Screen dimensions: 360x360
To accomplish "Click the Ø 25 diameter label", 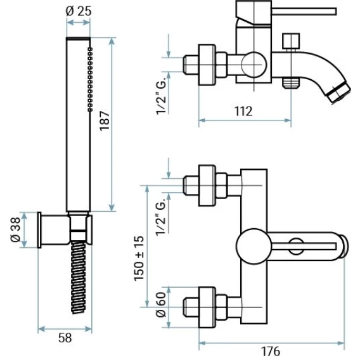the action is pyautogui.click(x=79, y=11).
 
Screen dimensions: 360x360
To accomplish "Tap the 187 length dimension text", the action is pyautogui.click(x=105, y=121).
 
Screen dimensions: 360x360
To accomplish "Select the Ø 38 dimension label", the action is pyautogui.click(x=16, y=230).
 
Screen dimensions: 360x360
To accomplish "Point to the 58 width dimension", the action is pyautogui.click(x=65, y=338).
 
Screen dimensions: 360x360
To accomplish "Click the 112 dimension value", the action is pyautogui.click(x=243, y=111).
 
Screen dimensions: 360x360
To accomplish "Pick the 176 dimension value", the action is pyautogui.click(x=271, y=351).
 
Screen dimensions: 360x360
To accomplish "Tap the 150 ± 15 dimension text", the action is pyautogui.click(x=139, y=259).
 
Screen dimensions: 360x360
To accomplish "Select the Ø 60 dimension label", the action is pyautogui.click(x=161, y=305).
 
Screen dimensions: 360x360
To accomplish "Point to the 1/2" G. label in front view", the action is pyautogui.click(x=161, y=217).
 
